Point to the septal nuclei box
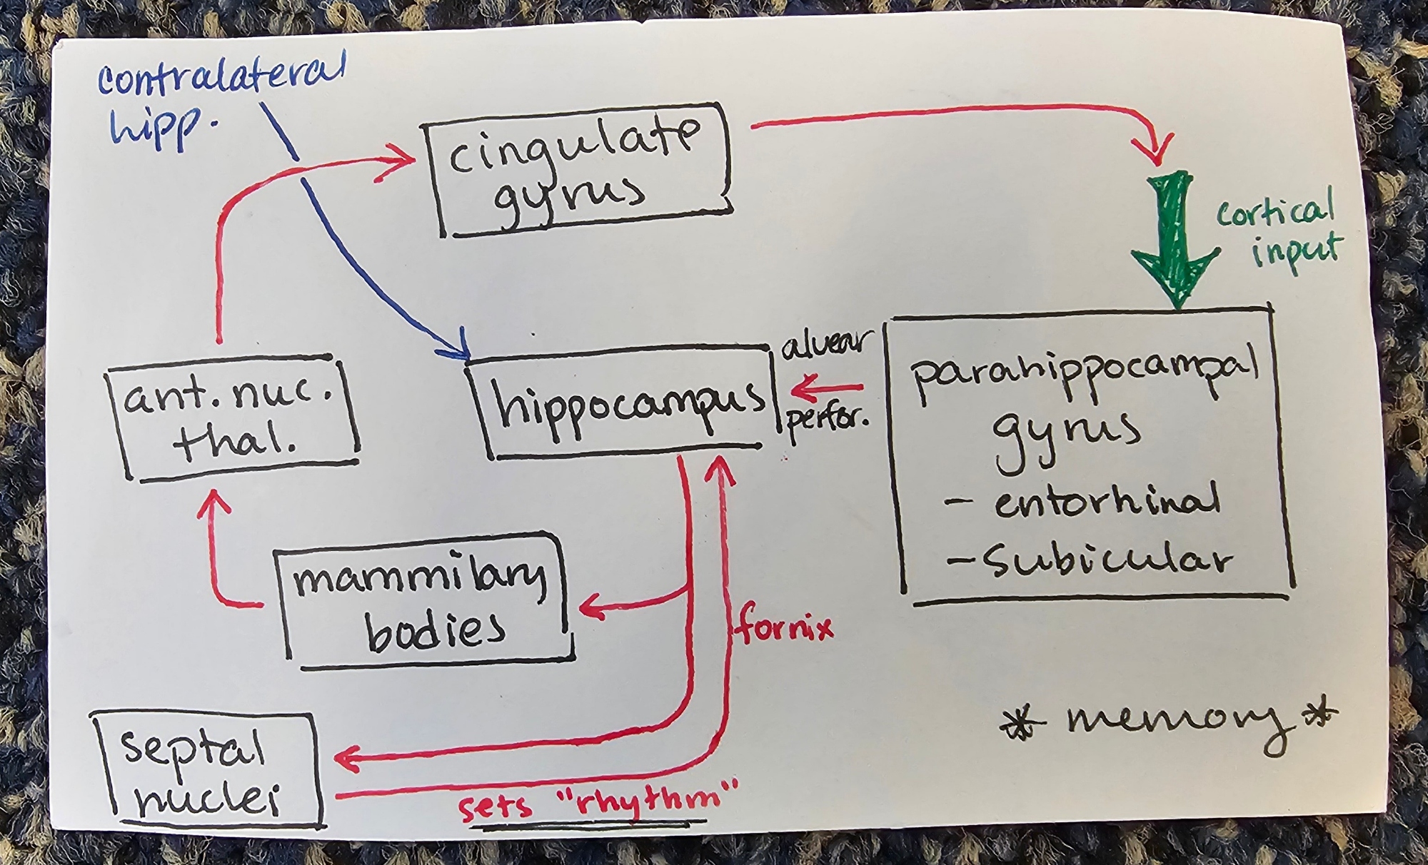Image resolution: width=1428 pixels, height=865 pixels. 207,771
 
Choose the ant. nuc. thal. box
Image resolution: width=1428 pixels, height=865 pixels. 232,418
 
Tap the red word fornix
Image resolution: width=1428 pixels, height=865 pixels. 784,629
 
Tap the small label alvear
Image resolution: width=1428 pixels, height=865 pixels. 827,344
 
